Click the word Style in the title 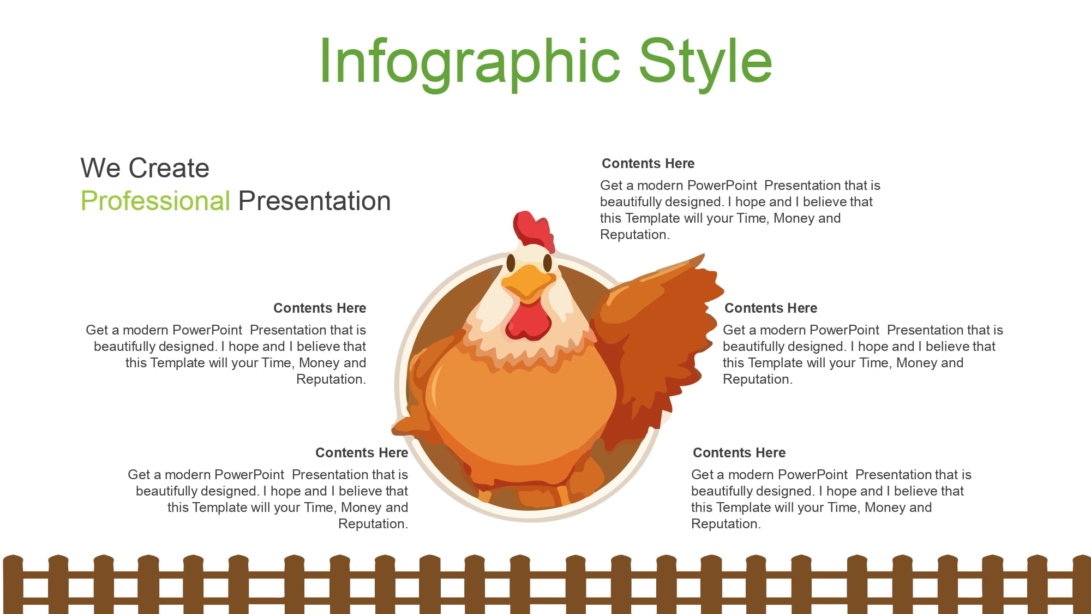(705, 62)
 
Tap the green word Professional (155, 201)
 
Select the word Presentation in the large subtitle (315, 201)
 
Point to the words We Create (145, 168)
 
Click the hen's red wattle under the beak (528, 323)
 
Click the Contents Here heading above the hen (648, 163)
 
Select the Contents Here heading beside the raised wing (771, 308)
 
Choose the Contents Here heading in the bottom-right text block (739, 452)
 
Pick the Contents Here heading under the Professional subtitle (320, 308)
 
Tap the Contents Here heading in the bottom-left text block (362, 452)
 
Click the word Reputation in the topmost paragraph (634, 235)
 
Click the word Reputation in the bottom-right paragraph (726, 524)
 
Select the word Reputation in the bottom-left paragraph (373, 524)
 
